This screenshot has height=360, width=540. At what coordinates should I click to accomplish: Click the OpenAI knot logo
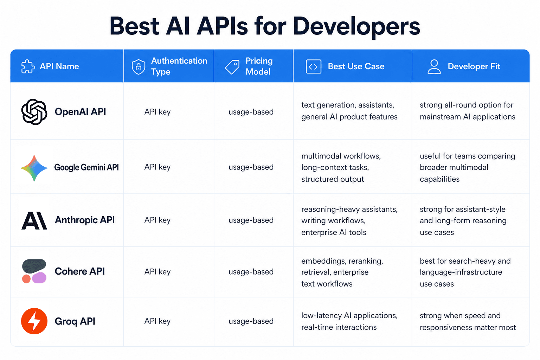click(x=34, y=112)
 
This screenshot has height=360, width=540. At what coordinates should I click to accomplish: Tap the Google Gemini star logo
click(x=34, y=168)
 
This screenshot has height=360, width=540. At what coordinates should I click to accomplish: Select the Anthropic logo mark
click(x=34, y=220)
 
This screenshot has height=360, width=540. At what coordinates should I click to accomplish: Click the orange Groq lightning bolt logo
click(x=34, y=321)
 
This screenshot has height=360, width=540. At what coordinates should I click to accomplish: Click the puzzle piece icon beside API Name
click(x=28, y=66)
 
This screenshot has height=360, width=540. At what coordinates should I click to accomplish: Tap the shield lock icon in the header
click(x=138, y=66)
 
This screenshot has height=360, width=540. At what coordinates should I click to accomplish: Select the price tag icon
click(x=232, y=66)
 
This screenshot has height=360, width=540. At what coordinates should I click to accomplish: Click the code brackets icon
click(x=313, y=66)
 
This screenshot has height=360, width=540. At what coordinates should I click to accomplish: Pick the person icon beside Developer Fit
click(x=434, y=66)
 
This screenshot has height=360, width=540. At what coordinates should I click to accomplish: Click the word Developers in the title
click(x=356, y=26)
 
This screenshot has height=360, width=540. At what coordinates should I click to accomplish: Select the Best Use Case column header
click(x=356, y=66)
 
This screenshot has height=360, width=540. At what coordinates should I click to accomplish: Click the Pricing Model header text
click(x=259, y=66)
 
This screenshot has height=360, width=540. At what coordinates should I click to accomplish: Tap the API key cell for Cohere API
click(x=157, y=272)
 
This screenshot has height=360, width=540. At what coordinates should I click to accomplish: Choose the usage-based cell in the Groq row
click(x=251, y=321)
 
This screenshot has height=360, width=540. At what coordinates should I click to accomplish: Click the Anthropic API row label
click(x=85, y=220)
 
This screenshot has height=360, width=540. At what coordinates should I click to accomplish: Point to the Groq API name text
click(x=75, y=321)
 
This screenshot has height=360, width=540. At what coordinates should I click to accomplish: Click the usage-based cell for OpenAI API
click(x=251, y=112)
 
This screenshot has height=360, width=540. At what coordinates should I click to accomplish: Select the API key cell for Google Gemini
click(x=157, y=167)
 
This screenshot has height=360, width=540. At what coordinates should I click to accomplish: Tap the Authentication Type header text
click(x=179, y=66)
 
